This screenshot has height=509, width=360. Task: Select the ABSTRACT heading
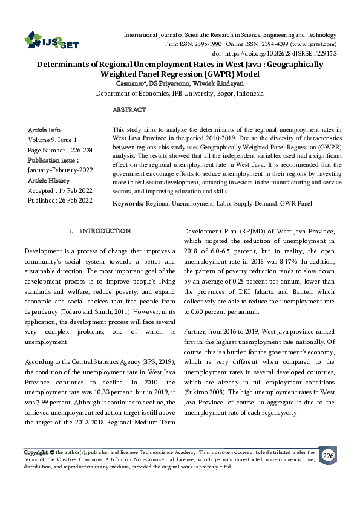(x=129, y=110)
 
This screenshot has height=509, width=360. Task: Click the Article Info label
(x=44, y=130)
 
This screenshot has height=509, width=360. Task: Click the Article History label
(x=49, y=180)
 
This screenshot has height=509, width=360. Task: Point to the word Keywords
(x=128, y=204)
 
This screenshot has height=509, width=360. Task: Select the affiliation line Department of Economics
(x=180, y=94)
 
